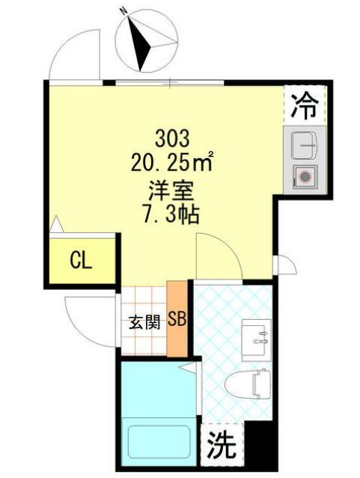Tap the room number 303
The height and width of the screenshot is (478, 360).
[x=174, y=138]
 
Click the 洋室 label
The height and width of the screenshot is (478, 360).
[x=174, y=190]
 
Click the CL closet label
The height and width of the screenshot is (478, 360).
[x=81, y=261]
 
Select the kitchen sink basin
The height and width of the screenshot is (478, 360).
[x=306, y=143]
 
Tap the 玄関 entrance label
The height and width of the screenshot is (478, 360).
[x=144, y=323]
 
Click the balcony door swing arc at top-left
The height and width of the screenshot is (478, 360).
[x=75, y=52]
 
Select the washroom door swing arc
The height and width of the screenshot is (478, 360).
[x=217, y=255]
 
